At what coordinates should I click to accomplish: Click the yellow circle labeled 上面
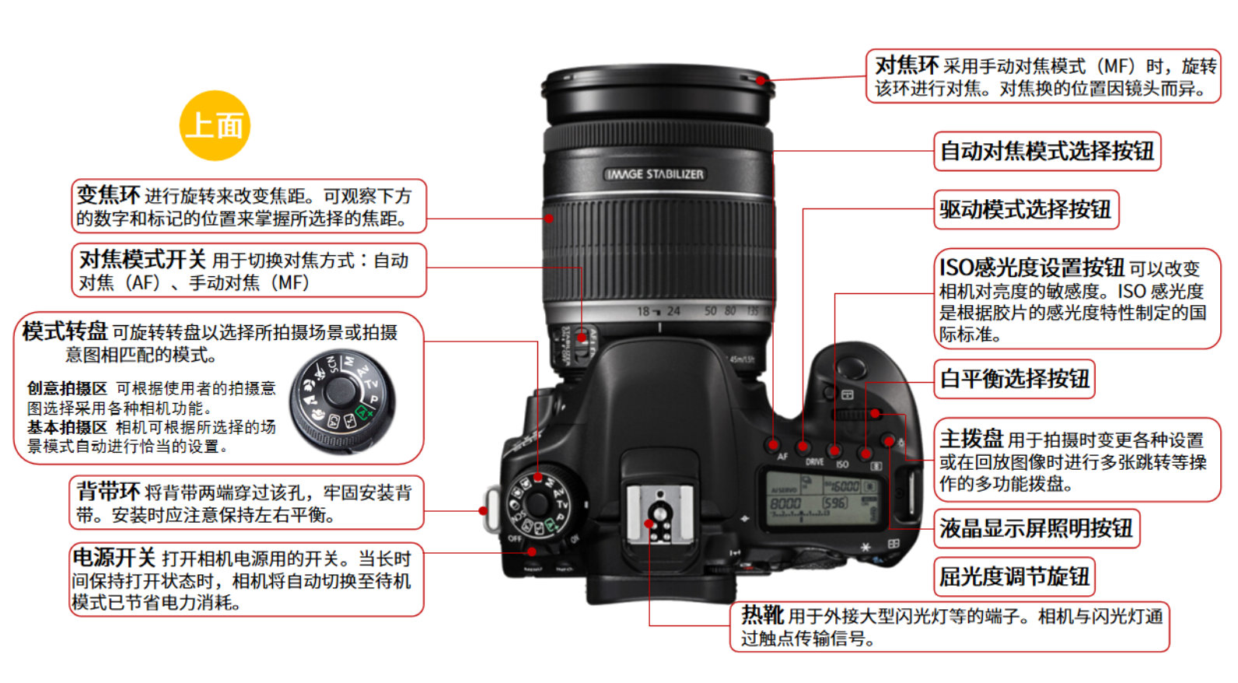point(215,125)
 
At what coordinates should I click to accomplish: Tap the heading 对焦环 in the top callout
point(907,66)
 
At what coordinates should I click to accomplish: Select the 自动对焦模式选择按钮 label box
point(1047,151)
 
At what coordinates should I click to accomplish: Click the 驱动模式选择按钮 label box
point(1026,209)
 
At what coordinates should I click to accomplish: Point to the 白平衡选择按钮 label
point(1014,379)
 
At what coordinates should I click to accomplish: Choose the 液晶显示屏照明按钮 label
point(1037,529)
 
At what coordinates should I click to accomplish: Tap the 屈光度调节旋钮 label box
point(1014,577)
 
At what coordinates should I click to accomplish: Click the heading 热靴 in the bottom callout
point(762,615)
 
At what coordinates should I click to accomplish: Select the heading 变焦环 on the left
point(108,194)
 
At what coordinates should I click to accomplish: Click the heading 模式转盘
point(65,331)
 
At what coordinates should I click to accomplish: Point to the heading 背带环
point(108,491)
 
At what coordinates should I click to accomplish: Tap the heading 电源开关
point(114,558)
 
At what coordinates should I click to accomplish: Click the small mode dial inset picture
point(343,402)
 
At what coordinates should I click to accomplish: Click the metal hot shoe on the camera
point(659,514)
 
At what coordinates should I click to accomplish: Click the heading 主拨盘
point(971,439)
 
